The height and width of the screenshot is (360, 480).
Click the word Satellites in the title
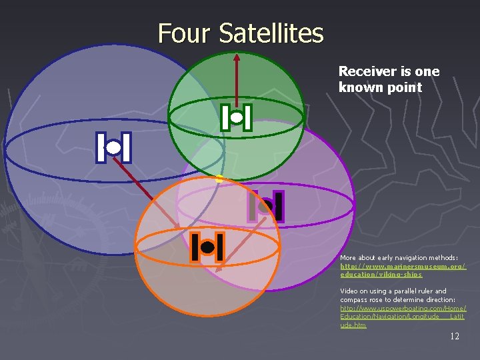click(x=271, y=33)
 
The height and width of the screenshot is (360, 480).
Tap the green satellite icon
click(x=236, y=117)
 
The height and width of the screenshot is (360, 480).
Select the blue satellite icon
click(x=113, y=147)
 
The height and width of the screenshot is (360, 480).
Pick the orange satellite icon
click(x=207, y=248)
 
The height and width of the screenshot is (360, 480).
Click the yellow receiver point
click(x=219, y=178)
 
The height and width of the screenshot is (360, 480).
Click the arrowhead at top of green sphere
click(x=236, y=57)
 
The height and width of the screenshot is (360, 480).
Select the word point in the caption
click(x=405, y=87)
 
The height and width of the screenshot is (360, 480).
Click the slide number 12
click(x=455, y=336)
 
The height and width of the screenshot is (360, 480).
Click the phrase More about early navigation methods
click(x=399, y=257)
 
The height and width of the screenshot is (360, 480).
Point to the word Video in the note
click(x=349, y=291)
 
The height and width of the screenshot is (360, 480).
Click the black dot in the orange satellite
click(x=207, y=248)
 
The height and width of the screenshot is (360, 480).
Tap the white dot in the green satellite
click(x=236, y=117)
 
